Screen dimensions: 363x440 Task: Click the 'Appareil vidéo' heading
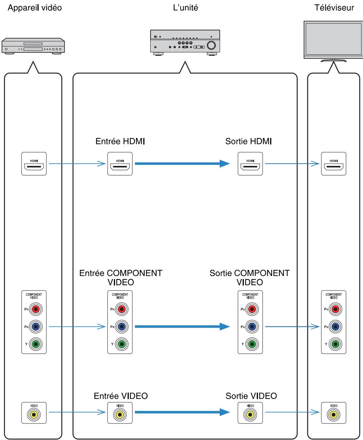pos(34,8)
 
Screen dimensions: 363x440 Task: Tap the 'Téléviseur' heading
pos(334,8)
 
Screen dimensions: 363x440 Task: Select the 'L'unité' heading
pos(185,8)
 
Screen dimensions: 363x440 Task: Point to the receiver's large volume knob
pos(211,45)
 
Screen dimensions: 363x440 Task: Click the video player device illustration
pos(33,46)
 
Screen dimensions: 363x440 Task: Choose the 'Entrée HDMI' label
pos(120,141)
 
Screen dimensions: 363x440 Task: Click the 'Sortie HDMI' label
pos(248,141)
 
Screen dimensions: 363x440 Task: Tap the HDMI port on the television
pos(334,164)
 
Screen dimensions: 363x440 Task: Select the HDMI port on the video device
pos(34,164)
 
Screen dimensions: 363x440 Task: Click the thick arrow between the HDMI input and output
pos(182,163)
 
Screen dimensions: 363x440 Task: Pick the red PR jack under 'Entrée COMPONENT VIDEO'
pos(122,309)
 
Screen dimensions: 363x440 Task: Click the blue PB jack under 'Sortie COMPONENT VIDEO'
pos(252,326)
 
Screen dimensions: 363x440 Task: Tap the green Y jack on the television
pos(335,344)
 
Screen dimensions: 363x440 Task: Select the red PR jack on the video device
pos(36,309)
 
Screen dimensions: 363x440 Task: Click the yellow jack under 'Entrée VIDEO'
pos(120,415)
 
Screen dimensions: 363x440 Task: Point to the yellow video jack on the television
pos(334,415)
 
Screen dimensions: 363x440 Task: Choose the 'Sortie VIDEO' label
pos(251,396)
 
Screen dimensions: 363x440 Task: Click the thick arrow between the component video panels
pos(182,326)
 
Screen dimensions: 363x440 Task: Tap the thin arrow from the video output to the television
pos(292,412)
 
